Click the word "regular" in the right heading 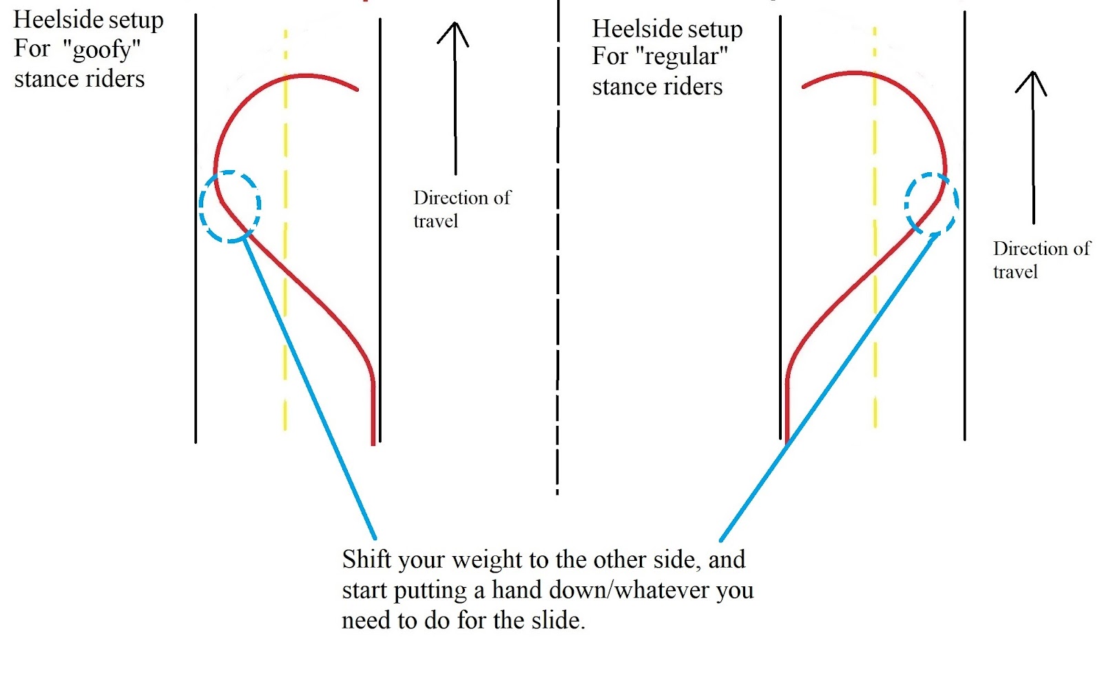tap(681, 57)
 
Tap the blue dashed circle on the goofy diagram tap(230, 206)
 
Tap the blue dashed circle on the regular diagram tap(931, 204)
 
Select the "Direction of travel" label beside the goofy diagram tap(461, 209)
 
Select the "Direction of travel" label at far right tap(1041, 260)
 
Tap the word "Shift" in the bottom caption tap(366, 559)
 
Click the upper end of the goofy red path tap(357, 90)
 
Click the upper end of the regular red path tap(803, 87)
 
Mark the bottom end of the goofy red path tap(373, 444)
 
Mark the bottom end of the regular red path tap(787, 442)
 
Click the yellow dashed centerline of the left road tap(285, 230)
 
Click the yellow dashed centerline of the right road tap(875, 227)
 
